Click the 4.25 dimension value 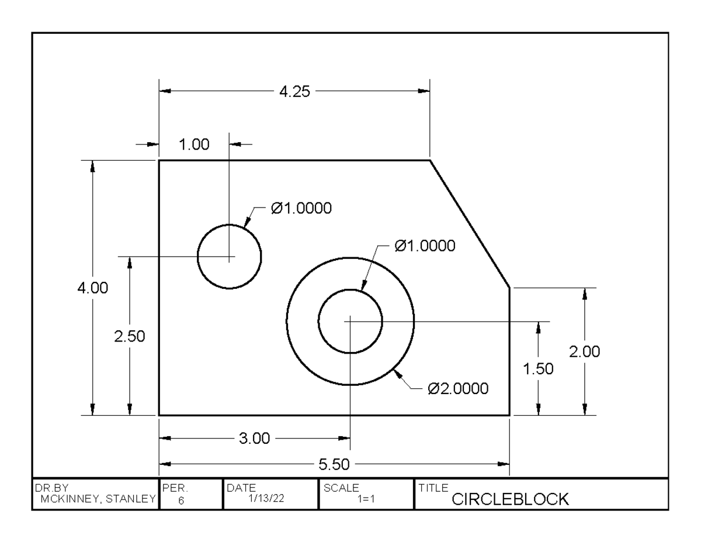(x=294, y=91)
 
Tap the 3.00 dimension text (x=255, y=439)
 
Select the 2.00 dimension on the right (x=584, y=352)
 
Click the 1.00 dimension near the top (x=194, y=145)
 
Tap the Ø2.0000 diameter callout (x=458, y=389)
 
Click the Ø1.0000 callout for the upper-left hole (x=301, y=208)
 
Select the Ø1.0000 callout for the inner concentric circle (x=425, y=246)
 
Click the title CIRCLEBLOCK (x=510, y=499)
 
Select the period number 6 (x=181, y=500)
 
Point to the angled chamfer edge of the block (x=470, y=224)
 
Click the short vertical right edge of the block (x=510, y=351)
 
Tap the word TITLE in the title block (x=433, y=488)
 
